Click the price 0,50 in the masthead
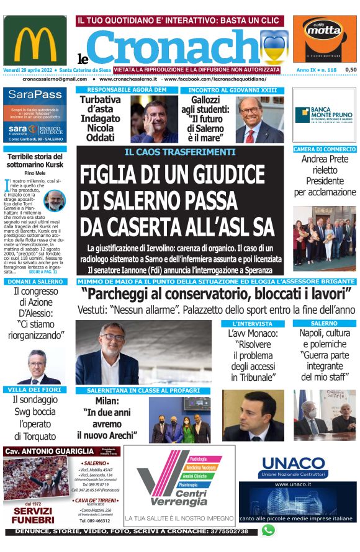(x=350, y=70)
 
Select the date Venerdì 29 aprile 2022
(x=27, y=70)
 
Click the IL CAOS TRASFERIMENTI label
(x=180, y=151)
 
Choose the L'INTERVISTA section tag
(x=252, y=324)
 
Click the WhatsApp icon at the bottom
(x=268, y=530)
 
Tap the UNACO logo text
(x=293, y=463)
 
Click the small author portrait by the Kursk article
(x=55, y=200)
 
